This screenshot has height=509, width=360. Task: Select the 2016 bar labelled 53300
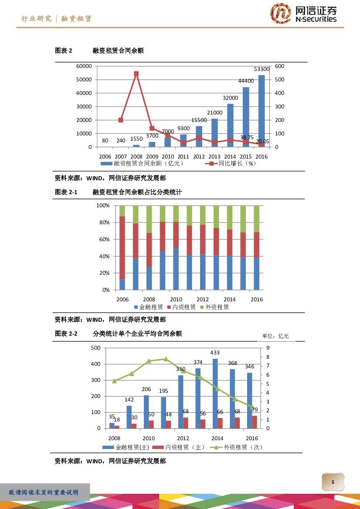click(262, 111)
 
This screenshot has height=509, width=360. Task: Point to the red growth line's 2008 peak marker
click(136, 74)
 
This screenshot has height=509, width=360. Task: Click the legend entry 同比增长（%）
click(231, 164)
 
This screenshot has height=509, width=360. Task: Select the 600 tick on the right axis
click(279, 66)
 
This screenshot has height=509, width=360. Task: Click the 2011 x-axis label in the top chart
click(183, 157)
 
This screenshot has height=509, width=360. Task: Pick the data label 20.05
click(262, 141)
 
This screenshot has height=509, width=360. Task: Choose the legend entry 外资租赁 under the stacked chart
click(214, 307)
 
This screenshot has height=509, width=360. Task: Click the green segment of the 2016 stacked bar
click(257, 219)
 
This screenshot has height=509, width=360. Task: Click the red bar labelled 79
click(255, 422)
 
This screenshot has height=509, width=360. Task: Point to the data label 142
click(129, 400)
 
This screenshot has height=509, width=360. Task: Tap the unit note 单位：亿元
click(275, 336)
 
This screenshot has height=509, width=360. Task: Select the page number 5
click(333, 482)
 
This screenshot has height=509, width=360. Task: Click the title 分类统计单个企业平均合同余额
click(137, 334)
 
